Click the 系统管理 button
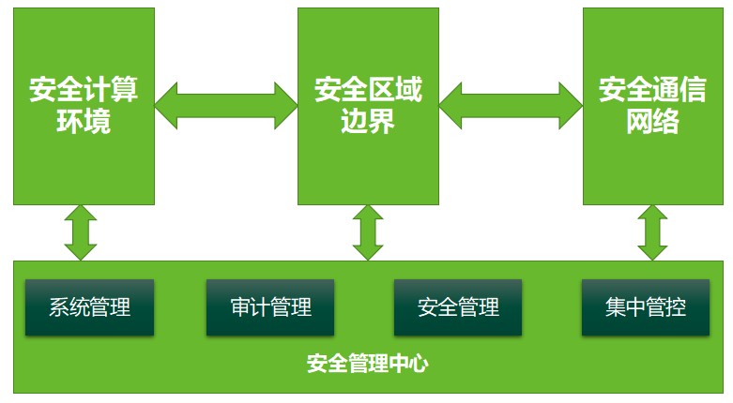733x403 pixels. tap(89, 306)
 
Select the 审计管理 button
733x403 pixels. tap(270, 306)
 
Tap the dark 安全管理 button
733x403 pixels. tap(458, 306)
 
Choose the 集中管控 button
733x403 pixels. tap(646, 306)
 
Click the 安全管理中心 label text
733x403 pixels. tap(367, 363)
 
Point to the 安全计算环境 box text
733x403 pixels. tap(84, 106)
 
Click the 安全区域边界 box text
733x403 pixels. tap(368, 106)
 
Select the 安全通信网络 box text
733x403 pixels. tap(652, 106)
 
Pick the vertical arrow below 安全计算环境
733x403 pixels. tap(81, 232)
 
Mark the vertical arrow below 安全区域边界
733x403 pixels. tap(368, 232)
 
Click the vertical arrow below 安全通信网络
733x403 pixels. tap(652, 232)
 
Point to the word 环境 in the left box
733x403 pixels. tap(84, 122)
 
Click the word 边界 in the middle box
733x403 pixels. tap(368, 122)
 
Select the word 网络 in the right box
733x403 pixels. tap(652, 122)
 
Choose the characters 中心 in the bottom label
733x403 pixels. tap(407, 363)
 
